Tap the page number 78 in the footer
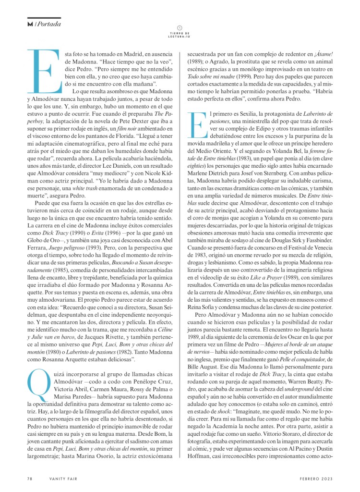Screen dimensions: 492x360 point(30,479)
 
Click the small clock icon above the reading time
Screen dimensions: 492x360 point(180,28)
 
